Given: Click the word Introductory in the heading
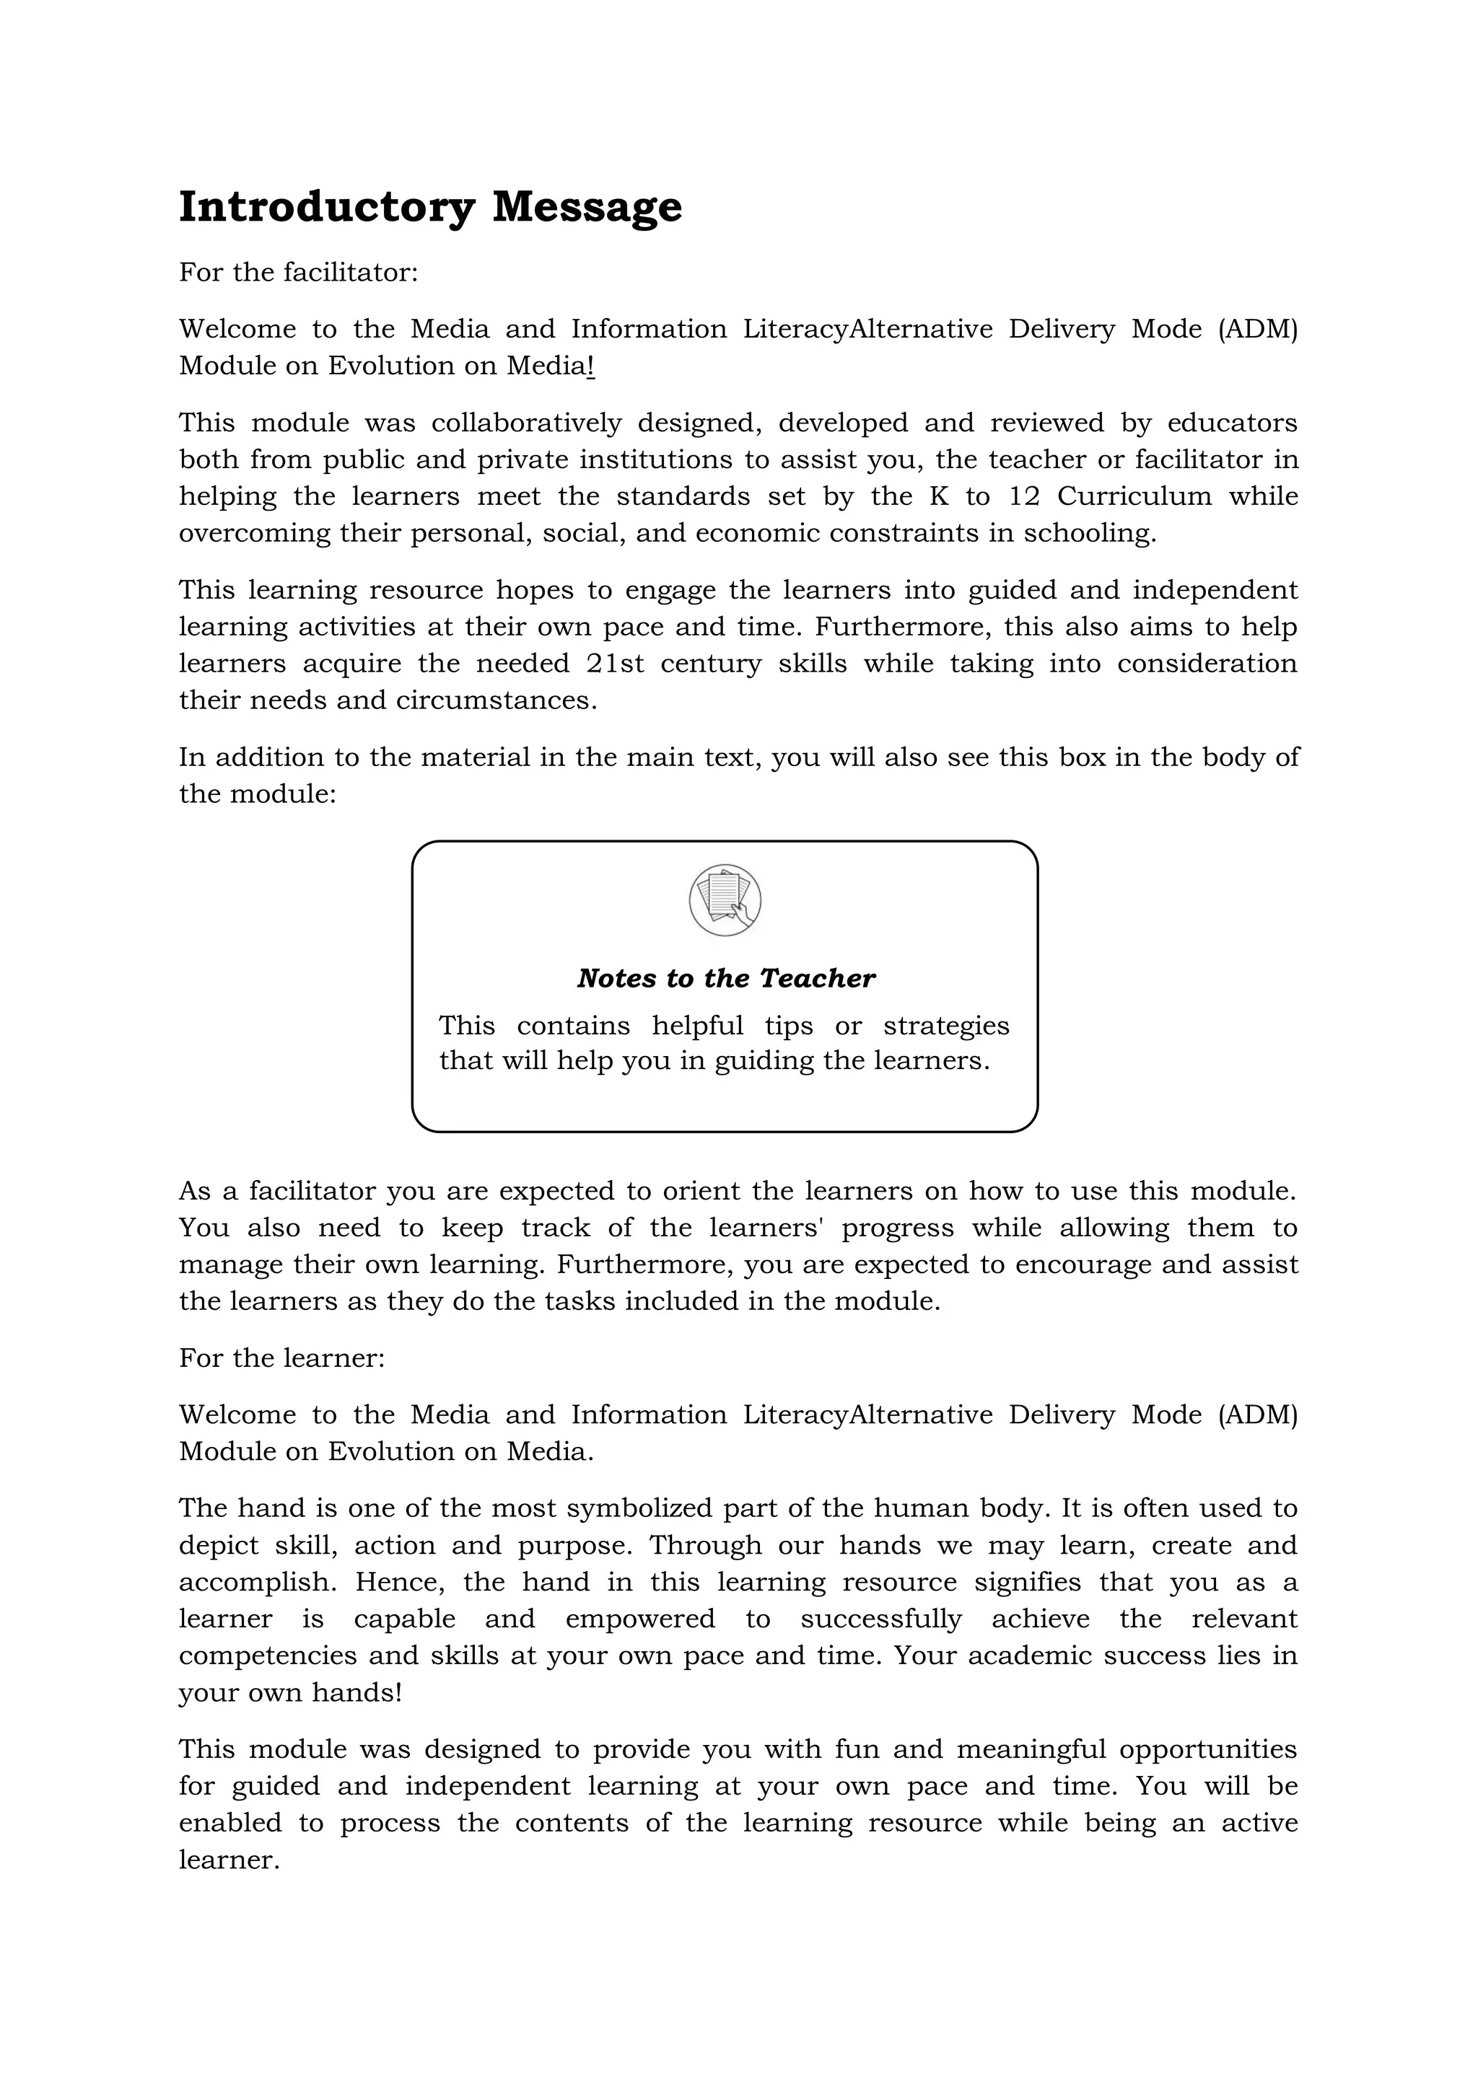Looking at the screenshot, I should coord(325,208).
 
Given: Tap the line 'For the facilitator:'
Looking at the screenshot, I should coord(299,272).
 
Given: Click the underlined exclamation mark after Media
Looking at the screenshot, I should coord(592,366).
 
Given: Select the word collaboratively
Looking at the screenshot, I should coord(526,423).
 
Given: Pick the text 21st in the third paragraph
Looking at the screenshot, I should coord(615,664).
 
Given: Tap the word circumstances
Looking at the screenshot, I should coord(496,700).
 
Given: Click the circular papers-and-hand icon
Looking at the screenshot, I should coord(725,900).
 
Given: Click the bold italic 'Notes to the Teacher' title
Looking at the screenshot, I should coord(725,978).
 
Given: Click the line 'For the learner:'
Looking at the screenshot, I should coord(282,1358).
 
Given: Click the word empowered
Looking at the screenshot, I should coord(640,1619).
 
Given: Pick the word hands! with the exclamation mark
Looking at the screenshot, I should coord(356,1692).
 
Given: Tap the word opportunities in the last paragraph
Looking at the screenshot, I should coord(1207,1749).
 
